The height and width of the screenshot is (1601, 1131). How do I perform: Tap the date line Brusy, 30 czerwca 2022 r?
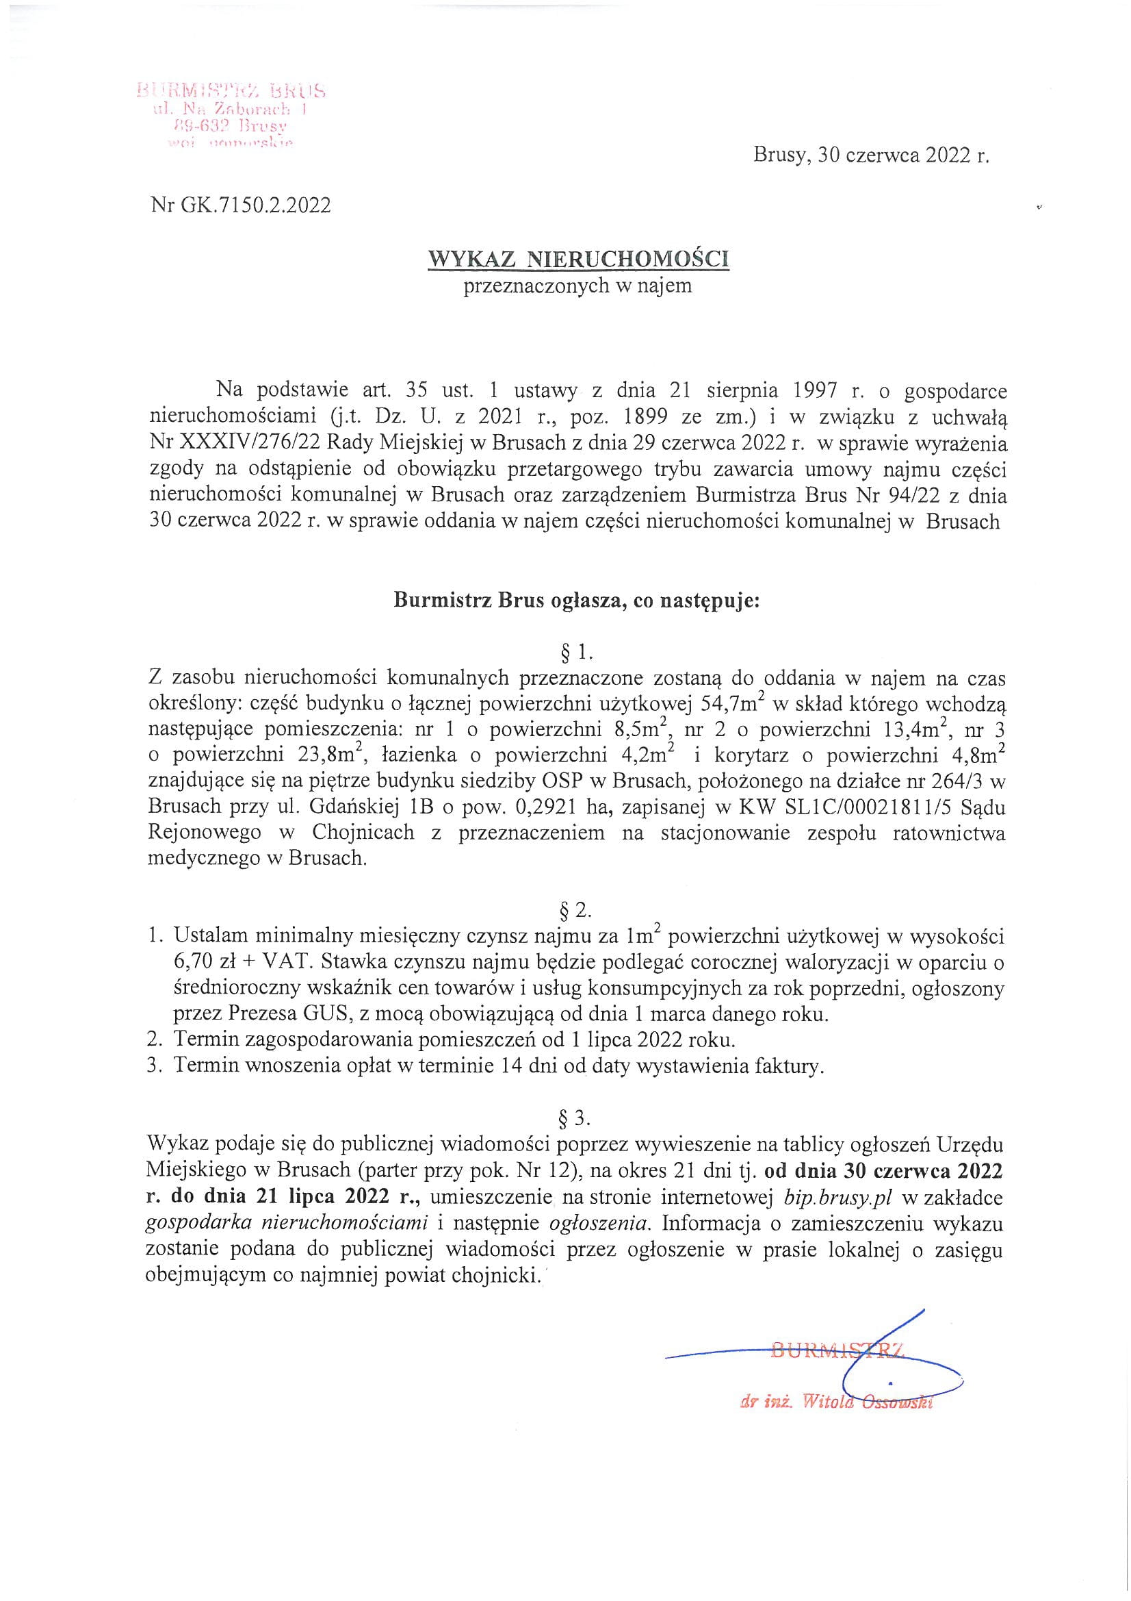click(871, 156)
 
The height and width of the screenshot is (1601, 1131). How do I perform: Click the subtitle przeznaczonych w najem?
click(578, 286)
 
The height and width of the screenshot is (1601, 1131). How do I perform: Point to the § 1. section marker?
click(575, 653)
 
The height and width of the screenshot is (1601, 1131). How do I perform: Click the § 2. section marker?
click(575, 910)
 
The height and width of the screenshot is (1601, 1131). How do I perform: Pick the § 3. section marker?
click(575, 1118)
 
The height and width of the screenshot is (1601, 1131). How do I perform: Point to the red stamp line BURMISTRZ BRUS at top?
click(231, 90)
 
